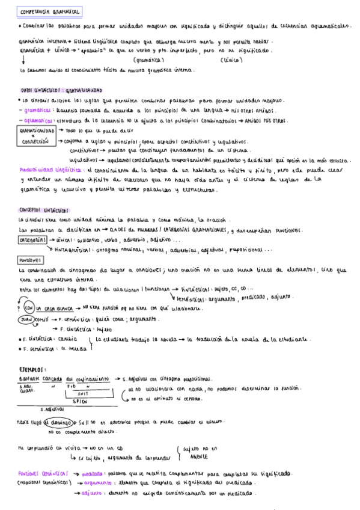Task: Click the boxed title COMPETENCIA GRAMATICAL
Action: point(50,12)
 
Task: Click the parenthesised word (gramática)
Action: point(151,60)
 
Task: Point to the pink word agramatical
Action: point(40,120)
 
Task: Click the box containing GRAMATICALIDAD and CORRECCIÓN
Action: point(38,135)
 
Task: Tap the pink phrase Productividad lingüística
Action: point(48,170)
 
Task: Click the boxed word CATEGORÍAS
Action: point(33,239)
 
